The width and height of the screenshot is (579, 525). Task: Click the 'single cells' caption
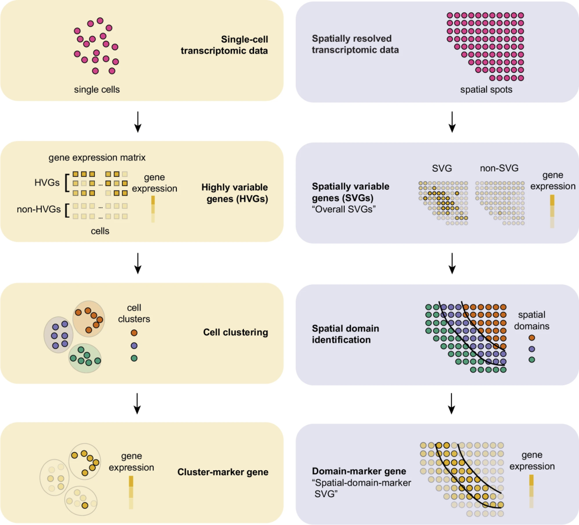coord(96,90)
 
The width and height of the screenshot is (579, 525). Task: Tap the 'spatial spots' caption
coord(486,90)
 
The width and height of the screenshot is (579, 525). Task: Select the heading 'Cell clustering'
coord(235,332)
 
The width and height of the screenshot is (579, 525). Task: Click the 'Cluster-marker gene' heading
coord(222,472)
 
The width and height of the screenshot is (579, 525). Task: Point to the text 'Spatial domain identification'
coord(345,334)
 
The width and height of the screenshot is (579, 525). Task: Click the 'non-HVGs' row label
coord(39,209)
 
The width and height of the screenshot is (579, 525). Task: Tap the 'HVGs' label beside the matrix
coord(47,182)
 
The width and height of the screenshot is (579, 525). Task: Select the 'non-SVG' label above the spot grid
coord(499,168)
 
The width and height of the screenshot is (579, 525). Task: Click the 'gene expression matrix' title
coord(97,157)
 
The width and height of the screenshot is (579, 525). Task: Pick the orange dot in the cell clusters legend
coord(134,333)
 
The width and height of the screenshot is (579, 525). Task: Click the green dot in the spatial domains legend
coord(532,359)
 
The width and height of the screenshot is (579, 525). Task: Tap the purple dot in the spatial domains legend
coord(532,349)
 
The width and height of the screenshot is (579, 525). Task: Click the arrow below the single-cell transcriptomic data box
coord(138,122)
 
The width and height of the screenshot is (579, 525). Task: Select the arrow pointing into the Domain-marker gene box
coord(451,403)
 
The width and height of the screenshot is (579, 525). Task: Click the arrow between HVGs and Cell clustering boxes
coord(138,263)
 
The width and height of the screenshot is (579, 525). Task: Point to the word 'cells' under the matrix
coord(100,231)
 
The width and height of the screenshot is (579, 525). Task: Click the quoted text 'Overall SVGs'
coord(344,209)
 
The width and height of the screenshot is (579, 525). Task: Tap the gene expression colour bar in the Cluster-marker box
coord(131,492)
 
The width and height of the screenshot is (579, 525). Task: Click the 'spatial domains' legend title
coord(532,320)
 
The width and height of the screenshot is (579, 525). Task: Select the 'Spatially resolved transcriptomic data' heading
coord(355,44)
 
